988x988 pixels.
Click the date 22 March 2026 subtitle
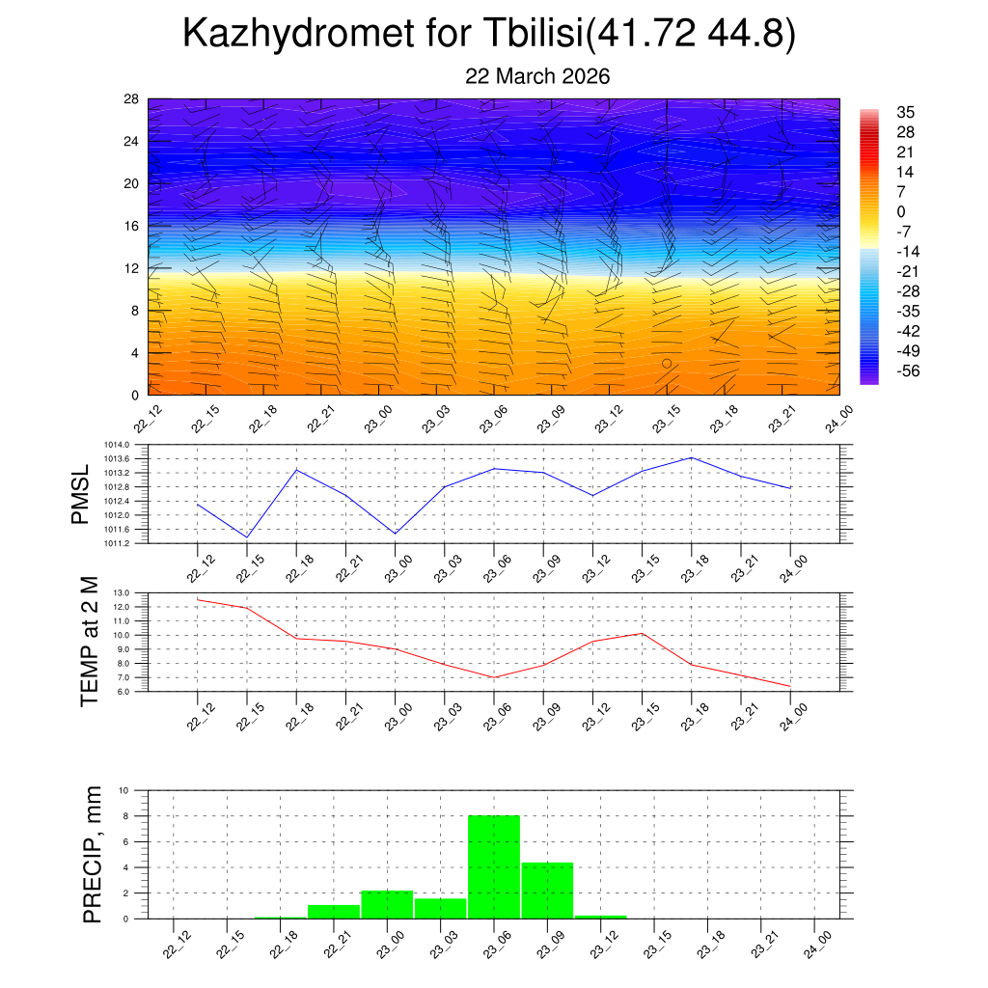pyautogui.click(x=537, y=76)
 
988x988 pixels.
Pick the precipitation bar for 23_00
pyautogui.click(x=387, y=904)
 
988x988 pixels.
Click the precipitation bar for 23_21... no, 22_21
pyautogui.click(x=334, y=911)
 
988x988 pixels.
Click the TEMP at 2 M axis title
pyautogui.click(x=89, y=641)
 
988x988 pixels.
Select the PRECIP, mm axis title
pyautogui.click(x=93, y=854)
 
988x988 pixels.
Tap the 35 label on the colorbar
pyautogui.click(x=905, y=112)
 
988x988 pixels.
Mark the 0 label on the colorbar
pyautogui.click(x=901, y=212)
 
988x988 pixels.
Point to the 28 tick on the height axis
pyautogui.click(x=131, y=99)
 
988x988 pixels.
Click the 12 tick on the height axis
pyautogui.click(x=131, y=268)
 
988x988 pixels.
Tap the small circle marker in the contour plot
pyautogui.click(x=667, y=364)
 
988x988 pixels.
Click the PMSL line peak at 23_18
pyautogui.click(x=691, y=457)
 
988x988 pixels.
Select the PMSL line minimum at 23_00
pyautogui.click(x=395, y=534)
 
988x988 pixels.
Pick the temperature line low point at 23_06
pyautogui.click(x=493, y=677)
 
